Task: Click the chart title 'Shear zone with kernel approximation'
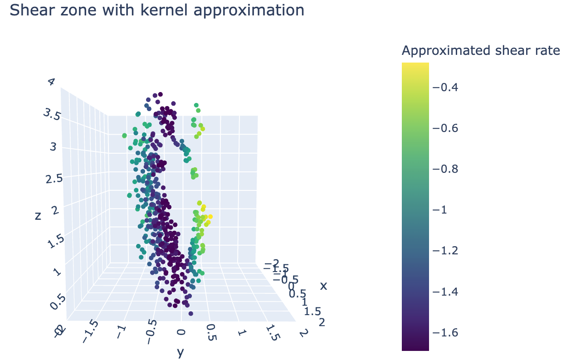(x=157, y=10)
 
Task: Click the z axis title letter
(x=38, y=216)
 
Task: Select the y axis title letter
(x=181, y=352)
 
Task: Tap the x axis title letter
(x=323, y=286)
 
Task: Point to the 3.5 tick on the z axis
(x=52, y=115)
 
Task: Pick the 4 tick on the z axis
(x=51, y=82)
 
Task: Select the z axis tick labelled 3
(x=54, y=147)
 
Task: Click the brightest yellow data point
(x=210, y=217)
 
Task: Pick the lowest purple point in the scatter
(x=191, y=313)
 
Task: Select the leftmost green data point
(x=124, y=135)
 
